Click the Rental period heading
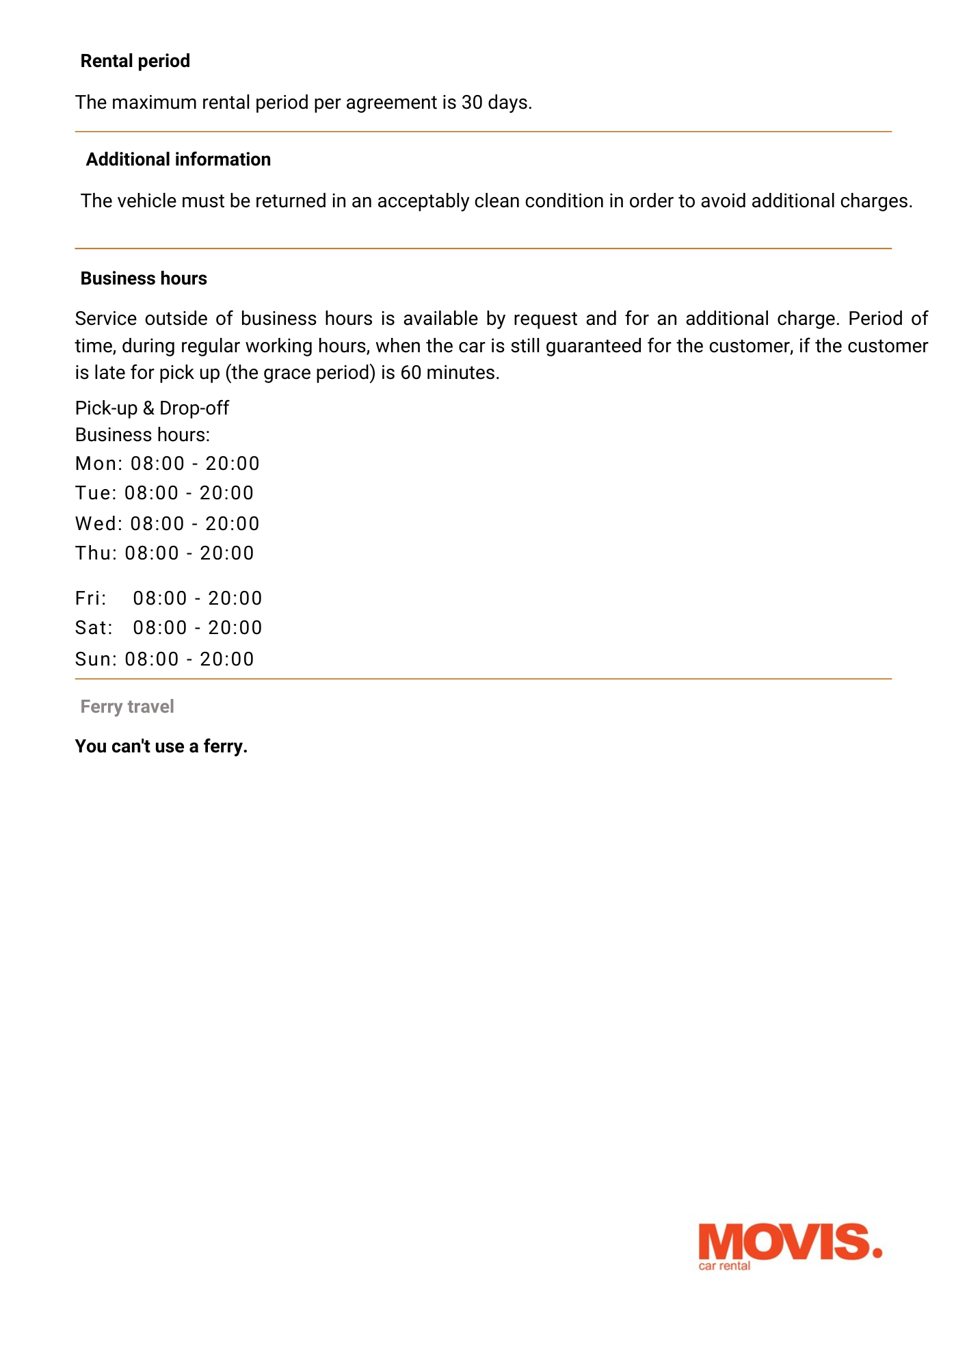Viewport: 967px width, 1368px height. (135, 62)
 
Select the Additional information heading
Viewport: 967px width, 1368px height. (178, 160)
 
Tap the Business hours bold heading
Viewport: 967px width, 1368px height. (144, 279)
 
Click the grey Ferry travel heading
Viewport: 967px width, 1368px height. (127, 707)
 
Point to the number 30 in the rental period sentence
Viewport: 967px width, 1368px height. (472, 103)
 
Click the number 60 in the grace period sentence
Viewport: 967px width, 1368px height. (410, 373)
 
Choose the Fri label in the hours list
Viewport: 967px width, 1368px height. (91, 598)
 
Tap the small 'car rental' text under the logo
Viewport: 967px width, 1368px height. (724, 1266)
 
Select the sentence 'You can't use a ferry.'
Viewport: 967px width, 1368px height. (161, 746)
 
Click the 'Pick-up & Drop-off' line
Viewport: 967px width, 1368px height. (152, 408)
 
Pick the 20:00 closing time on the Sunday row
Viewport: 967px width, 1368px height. (227, 659)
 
